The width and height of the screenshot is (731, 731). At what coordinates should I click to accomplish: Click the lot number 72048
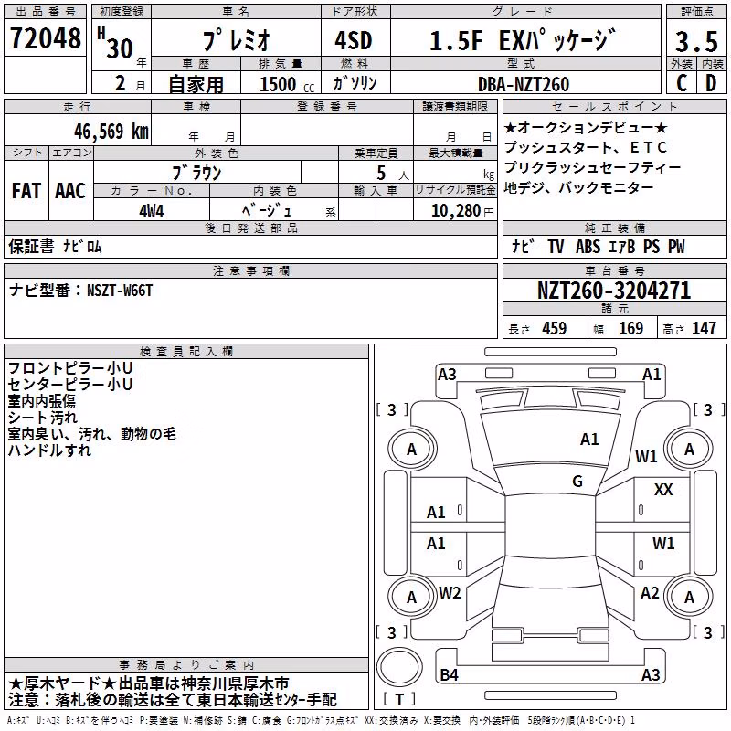coord(45,38)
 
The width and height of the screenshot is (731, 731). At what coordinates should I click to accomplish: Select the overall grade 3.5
coord(696,41)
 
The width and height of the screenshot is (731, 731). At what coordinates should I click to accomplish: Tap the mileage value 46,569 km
coord(111,132)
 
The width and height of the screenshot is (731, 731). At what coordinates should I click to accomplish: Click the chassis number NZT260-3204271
coord(614,291)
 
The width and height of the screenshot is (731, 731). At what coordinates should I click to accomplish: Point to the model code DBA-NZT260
coord(524,84)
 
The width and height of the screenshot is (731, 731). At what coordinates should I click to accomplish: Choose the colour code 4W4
coord(152,211)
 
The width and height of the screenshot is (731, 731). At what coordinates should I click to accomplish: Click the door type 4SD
coord(354,40)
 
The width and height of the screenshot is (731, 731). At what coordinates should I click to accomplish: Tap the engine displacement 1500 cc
coord(287,84)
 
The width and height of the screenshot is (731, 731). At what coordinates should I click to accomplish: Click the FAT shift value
coord(26,191)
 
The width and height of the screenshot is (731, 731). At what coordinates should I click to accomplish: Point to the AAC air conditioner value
coord(70,191)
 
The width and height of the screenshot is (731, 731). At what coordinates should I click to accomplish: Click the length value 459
coord(554,328)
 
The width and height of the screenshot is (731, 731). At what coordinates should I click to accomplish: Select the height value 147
coord(704,328)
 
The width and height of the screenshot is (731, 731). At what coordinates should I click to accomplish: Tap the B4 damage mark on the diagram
coord(449,674)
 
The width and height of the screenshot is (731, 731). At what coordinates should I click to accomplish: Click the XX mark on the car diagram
coord(663,490)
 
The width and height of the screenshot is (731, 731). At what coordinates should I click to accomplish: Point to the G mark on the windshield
coord(577,482)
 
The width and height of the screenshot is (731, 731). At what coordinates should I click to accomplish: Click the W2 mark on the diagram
coord(450,593)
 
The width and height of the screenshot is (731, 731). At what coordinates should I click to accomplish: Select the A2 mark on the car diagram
coord(650,593)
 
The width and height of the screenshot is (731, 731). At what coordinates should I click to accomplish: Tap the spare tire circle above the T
coord(399,666)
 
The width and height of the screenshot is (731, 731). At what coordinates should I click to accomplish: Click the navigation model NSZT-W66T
coord(120,291)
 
